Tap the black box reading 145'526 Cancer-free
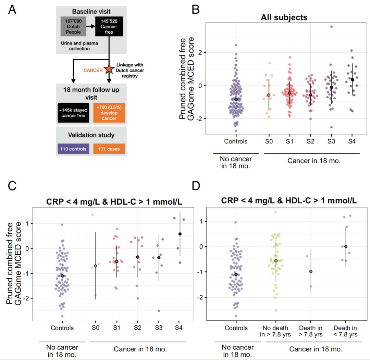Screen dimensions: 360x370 pos(109,26)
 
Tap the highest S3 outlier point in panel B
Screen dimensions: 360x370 pos(331,26)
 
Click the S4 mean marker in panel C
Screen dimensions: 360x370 pos(180,234)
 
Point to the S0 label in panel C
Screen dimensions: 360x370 pos(96,328)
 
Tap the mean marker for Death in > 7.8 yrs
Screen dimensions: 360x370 pos(311,271)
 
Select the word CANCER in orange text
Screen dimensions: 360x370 pos(92,70)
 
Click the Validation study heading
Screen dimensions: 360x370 pos(91,135)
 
